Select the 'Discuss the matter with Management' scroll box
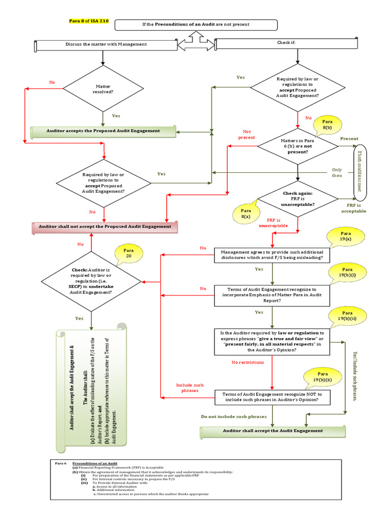106,44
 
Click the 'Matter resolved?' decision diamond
104,89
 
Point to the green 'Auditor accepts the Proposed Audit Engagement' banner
103,131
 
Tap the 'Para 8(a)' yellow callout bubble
245,213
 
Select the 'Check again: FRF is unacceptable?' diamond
298,199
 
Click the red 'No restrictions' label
248,362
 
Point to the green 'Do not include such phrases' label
234,416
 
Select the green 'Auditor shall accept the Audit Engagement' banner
273,431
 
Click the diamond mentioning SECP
91,281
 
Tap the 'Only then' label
337,172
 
